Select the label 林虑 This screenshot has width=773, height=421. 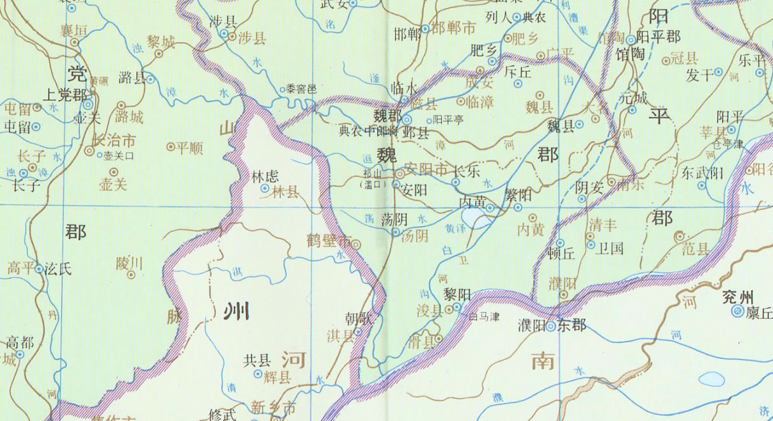263,175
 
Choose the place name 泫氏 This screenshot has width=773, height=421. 58,269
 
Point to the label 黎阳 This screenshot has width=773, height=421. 457,294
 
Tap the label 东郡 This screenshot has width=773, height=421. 571,325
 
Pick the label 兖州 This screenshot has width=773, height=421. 737,296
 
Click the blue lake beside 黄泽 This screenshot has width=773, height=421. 476,220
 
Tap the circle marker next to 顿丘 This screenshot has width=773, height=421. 560,243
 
